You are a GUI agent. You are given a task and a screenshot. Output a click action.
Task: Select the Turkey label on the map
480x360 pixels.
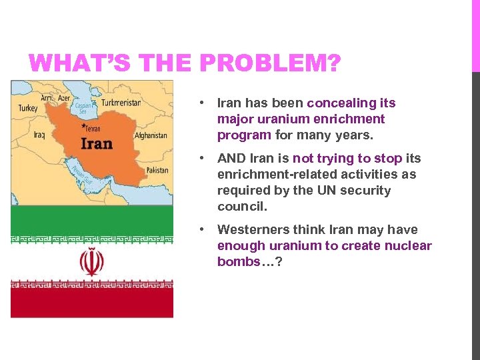[x=27, y=108]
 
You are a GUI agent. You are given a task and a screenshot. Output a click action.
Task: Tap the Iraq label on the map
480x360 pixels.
[x=39, y=135]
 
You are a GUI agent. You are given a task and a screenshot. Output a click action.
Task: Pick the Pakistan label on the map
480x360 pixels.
[x=157, y=170]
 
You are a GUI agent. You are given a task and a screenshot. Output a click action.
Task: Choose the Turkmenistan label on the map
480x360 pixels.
[x=121, y=103]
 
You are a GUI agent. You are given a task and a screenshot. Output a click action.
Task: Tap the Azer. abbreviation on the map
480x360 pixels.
[x=64, y=98]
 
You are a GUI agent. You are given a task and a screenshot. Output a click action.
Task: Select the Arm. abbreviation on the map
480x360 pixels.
[x=47, y=98]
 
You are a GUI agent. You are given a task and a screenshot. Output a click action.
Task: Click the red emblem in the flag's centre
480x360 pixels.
[x=91, y=262]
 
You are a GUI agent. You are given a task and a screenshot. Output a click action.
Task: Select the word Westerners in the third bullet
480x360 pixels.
[x=250, y=230]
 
